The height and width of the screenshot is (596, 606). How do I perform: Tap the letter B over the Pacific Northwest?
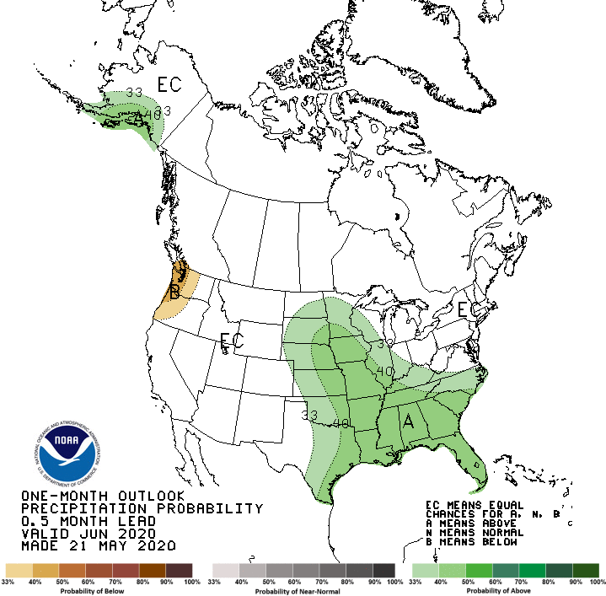click(174, 293)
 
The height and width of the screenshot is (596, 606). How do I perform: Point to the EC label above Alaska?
click(169, 84)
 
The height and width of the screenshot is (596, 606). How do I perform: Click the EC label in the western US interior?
click(232, 341)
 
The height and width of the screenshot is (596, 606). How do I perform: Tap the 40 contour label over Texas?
click(341, 422)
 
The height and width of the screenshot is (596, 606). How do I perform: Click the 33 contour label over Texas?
click(309, 415)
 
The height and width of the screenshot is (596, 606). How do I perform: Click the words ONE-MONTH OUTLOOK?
click(102, 495)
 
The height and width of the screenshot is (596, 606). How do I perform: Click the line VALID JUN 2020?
click(88, 534)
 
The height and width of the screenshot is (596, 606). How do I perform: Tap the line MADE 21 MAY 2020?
click(98, 546)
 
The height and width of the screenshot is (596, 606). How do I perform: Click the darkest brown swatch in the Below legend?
click(180, 571)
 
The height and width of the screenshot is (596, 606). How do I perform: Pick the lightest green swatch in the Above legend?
click(423, 571)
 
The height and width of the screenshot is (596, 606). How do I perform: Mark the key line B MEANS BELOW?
click(479, 543)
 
